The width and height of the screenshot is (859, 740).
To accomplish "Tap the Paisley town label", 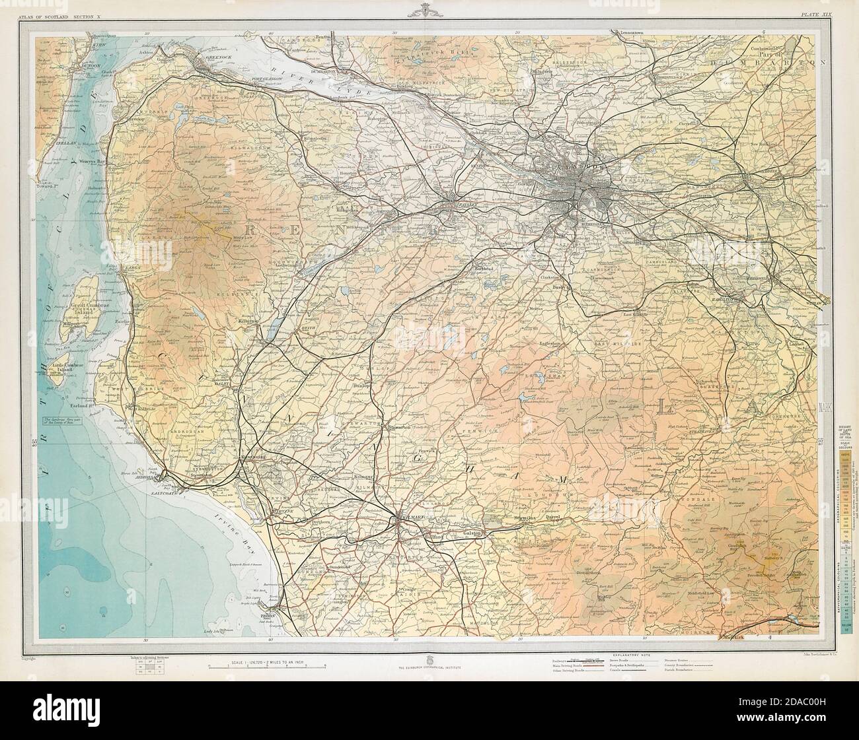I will pyautogui.click(x=465, y=204).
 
